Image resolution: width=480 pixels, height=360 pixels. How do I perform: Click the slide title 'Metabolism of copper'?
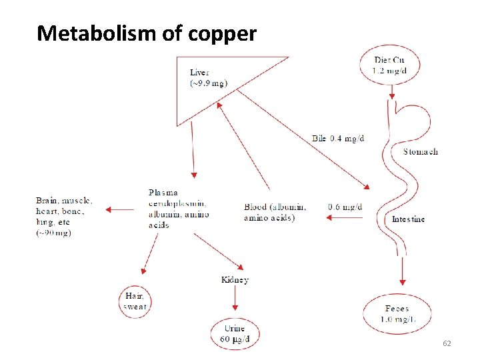tap(147, 33)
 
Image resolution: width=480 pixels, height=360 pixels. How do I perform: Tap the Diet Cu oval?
tap(389, 65)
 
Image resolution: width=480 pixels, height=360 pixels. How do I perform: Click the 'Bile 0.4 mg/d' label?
tap(338, 139)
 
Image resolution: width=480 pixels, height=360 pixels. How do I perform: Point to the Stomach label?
tap(421, 152)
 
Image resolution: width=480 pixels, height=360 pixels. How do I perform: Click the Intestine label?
tap(408, 219)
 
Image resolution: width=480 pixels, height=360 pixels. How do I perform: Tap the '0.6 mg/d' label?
tap(345, 207)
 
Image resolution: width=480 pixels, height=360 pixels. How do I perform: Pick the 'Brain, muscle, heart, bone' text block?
tap(64, 216)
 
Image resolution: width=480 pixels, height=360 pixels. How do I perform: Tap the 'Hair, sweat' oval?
tap(135, 301)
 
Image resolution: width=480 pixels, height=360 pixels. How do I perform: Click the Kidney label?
tap(235, 279)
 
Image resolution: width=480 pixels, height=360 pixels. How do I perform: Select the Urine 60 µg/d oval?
tap(235, 333)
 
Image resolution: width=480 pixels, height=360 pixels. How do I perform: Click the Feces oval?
tap(397, 313)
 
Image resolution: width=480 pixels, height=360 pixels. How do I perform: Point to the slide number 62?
tap(447, 343)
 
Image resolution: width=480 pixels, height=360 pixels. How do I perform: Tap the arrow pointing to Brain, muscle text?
tap(120, 210)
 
